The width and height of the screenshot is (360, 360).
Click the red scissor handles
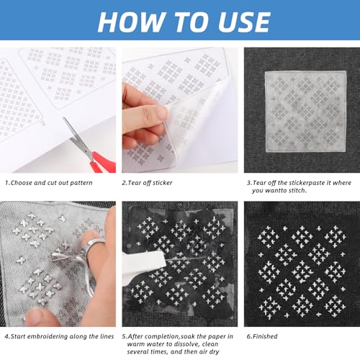click(102, 161)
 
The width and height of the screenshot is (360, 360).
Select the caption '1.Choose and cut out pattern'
click(49, 183)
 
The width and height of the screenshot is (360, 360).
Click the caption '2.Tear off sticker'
click(147, 183)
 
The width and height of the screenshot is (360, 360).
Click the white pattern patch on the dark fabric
click(305, 111)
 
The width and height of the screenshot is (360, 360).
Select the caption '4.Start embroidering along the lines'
click(59, 336)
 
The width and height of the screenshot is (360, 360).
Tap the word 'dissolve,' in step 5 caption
click(181, 344)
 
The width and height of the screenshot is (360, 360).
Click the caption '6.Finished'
click(262, 336)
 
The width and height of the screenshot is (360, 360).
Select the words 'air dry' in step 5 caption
click(210, 352)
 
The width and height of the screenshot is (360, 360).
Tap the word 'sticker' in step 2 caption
click(162, 183)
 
